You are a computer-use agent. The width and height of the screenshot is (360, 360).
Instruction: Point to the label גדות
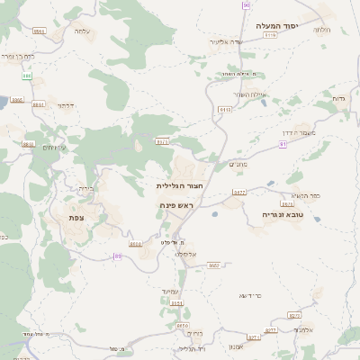tap(339, 97)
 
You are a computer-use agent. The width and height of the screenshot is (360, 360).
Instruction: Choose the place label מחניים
tap(238, 164)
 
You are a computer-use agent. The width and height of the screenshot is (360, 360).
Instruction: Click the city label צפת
tap(76, 217)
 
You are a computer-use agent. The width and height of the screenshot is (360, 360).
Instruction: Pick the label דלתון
tap(65, 105)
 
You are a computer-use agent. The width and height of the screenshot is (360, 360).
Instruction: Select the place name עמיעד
tap(175, 290)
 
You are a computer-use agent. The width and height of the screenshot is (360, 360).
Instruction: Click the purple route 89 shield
tap(117, 257)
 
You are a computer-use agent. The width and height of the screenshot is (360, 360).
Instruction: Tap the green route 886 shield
tap(28, 76)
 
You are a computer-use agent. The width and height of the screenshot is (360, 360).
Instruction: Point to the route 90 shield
tap(246, 5)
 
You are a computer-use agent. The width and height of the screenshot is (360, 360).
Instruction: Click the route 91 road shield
tap(283, 143)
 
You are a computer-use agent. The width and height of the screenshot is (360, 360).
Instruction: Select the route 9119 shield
tap(225, 108)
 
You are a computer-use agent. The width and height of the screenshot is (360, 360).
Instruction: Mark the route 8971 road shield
tap(162, 141)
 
